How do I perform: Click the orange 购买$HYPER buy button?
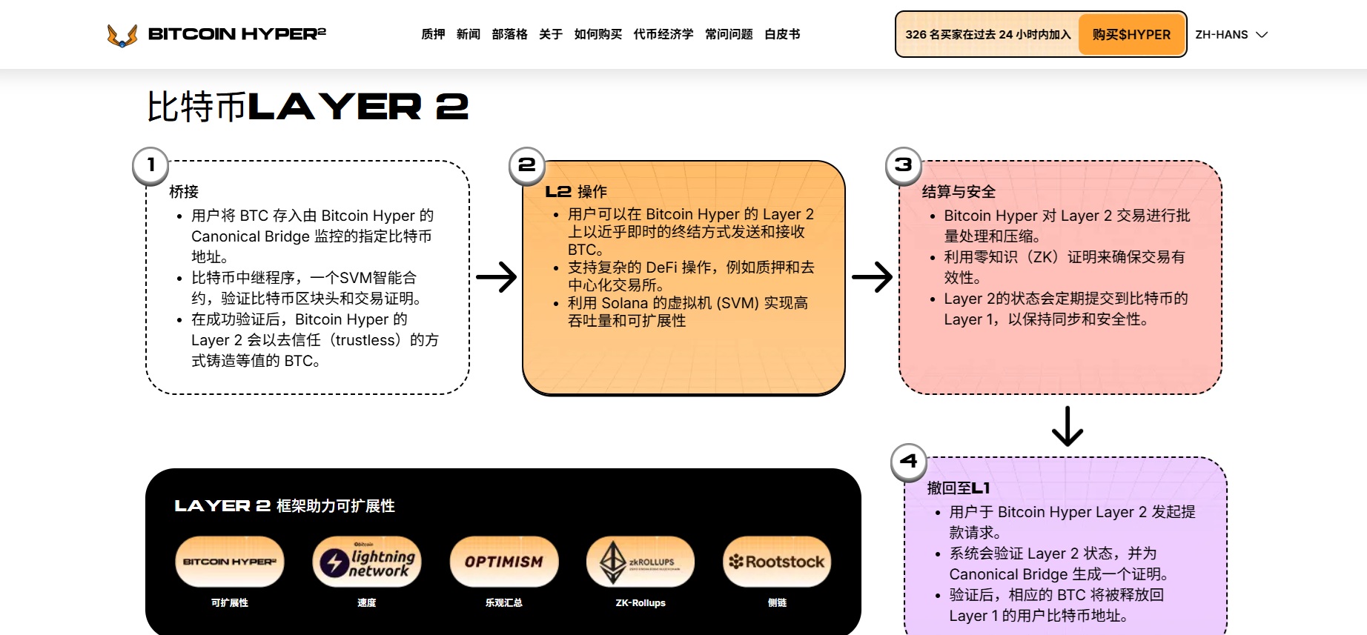[1131, 34]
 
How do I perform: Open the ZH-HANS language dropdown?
[1231, 34]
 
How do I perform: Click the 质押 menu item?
[433, 34]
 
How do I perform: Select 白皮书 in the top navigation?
[782, 34]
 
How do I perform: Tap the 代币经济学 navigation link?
[663, 34]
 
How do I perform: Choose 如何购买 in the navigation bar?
[598, 34]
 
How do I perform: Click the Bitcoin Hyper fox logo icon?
[122, 35]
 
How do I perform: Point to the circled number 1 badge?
[151, 164]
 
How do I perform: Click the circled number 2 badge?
[527, 164]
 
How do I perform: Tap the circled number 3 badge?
[904, 164]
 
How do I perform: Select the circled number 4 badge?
[909, 461]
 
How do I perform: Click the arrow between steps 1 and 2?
[497, 277]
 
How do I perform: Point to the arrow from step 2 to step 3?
[873, 277]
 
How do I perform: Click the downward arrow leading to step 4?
[1068, 426]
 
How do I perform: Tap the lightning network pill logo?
[367, 562]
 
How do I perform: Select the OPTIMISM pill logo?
[504, 562]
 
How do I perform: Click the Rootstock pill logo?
[777, 562]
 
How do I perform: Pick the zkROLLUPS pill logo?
[641, 562]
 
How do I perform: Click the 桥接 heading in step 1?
[184, 191]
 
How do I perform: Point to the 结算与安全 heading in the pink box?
[959, 191]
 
